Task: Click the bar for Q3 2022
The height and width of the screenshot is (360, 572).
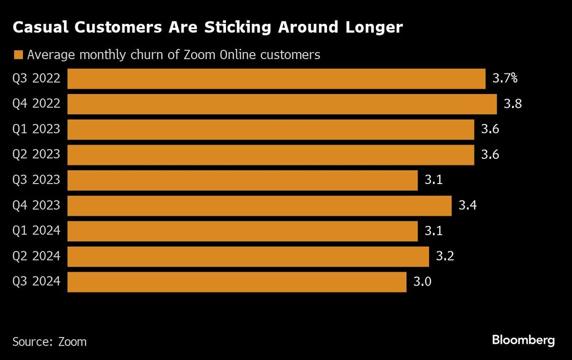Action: click(276, 79)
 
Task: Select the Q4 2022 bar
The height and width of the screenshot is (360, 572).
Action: click(282, 104)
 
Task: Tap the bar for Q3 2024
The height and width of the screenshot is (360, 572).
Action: click(237, 282)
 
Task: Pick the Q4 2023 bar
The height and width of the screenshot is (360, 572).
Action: click(259, 206)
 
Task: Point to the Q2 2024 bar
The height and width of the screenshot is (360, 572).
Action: click(248, 257)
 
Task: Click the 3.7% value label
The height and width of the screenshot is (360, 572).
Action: click(505, 79)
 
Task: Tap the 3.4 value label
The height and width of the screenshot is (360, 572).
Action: click(468, 206)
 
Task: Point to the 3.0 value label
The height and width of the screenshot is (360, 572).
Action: click(422, 282)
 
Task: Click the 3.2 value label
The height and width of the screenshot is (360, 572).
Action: click(445, 257)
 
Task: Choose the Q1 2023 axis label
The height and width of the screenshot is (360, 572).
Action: click(37, 129)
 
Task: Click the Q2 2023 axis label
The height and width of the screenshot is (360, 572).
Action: click(37, 154)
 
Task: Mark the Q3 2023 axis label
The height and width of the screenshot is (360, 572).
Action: click(37, 180)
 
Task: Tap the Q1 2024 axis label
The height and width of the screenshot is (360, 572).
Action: click(37, 231)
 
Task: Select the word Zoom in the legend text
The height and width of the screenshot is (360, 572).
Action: click(199, 55)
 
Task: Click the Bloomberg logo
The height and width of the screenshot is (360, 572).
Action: click(523, 340)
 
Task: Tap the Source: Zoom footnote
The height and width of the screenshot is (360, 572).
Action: click(50, 342)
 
